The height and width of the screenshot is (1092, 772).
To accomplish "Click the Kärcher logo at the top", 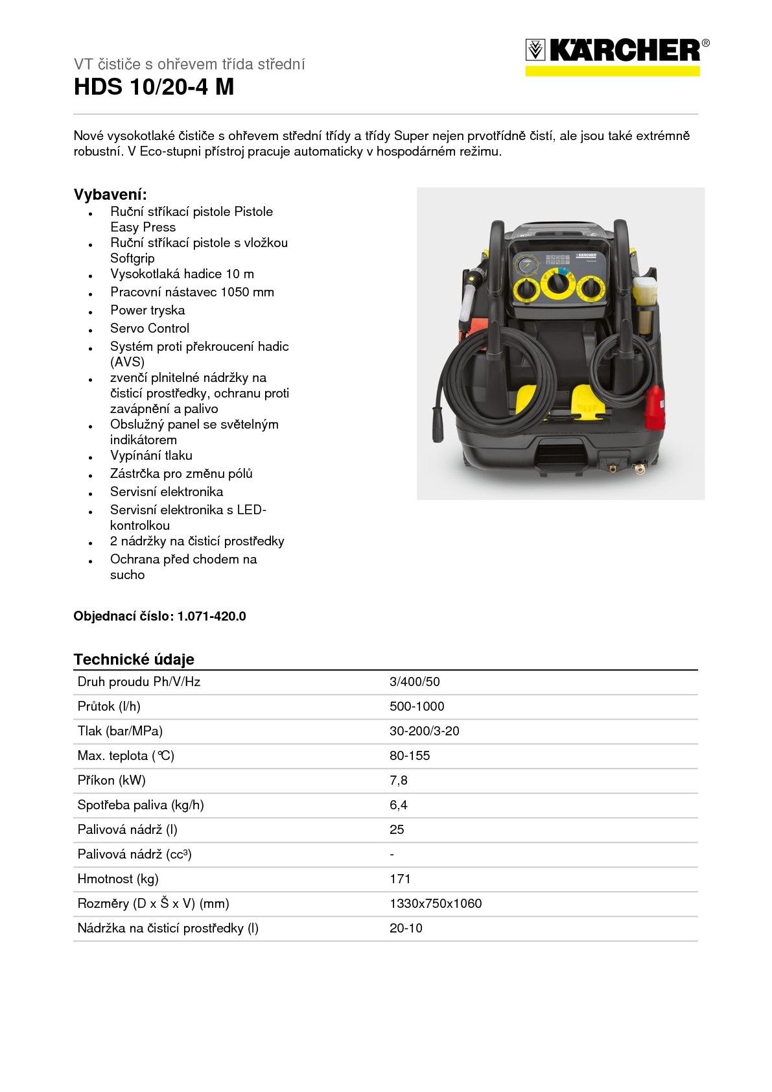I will pos(616,56).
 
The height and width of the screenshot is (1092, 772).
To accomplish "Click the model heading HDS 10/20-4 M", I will pos(154,87).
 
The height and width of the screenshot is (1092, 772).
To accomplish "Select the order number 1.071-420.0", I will pos(212,616).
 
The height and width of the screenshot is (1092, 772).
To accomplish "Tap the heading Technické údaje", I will pos(134,659).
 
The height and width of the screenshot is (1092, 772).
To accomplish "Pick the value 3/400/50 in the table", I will pos(414,682).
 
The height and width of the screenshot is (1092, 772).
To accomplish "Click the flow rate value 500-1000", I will pos(417,706).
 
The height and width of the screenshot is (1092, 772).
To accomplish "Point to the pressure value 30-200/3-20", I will pos(424,731).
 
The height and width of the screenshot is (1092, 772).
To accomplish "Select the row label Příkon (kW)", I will pos(111,780).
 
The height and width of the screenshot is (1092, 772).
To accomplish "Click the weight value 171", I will pos(400,879).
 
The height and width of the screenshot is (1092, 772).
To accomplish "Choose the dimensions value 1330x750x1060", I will pos(436,903).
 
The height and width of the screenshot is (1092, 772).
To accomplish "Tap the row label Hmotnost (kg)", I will pos(118,879).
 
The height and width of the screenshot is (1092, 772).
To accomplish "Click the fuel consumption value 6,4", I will pos(398,805).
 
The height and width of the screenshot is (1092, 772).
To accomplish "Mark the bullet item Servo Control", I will pos(150,328).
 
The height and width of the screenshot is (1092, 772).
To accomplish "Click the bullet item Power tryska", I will pos(147,310).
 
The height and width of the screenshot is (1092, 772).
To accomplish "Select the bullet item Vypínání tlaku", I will pos(151,455).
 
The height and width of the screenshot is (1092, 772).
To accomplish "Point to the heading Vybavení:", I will pos(110,195).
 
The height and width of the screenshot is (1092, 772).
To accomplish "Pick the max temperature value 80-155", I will pos(410,755).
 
